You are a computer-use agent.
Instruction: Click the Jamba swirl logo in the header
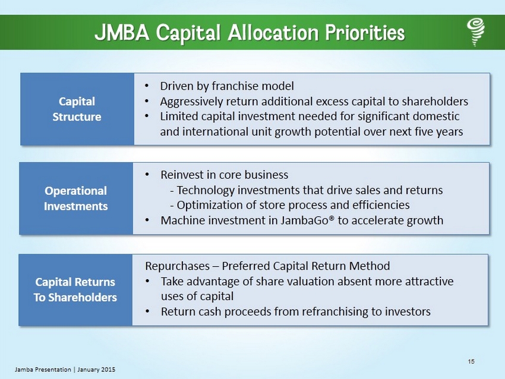point(476,32)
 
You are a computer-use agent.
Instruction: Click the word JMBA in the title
point(122,33)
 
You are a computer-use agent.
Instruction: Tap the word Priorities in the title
point(365,33)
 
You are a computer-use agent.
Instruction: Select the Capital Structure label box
point(77,109)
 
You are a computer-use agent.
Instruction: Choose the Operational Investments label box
point(76,198)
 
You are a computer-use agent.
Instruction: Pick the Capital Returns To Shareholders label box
point(75,290)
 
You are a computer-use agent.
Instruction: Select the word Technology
point(206,190)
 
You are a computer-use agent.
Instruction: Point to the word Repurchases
point(178,266)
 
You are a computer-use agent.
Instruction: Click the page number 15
point(471,362)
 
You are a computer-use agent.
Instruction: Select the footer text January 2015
point(96,369)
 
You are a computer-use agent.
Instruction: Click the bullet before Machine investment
point(147,220)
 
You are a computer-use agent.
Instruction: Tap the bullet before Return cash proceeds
point(147,311)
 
